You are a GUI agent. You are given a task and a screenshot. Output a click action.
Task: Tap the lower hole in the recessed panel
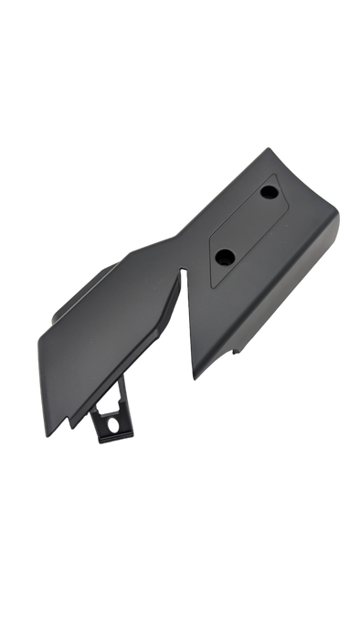224,257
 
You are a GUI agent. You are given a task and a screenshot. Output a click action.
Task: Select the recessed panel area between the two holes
245,225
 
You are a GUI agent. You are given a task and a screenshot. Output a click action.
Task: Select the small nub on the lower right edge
239,349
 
